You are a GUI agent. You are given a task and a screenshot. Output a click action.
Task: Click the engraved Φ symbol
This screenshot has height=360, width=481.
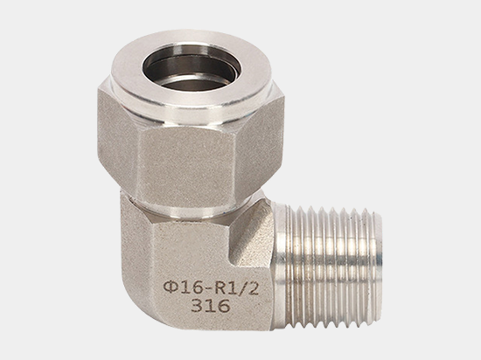point(171,287)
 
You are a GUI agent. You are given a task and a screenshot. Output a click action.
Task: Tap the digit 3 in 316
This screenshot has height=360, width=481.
point(197,306)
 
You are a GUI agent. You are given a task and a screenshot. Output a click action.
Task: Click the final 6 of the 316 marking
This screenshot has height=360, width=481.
point(224,306)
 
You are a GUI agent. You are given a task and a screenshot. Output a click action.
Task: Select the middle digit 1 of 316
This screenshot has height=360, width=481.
point(210,306)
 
